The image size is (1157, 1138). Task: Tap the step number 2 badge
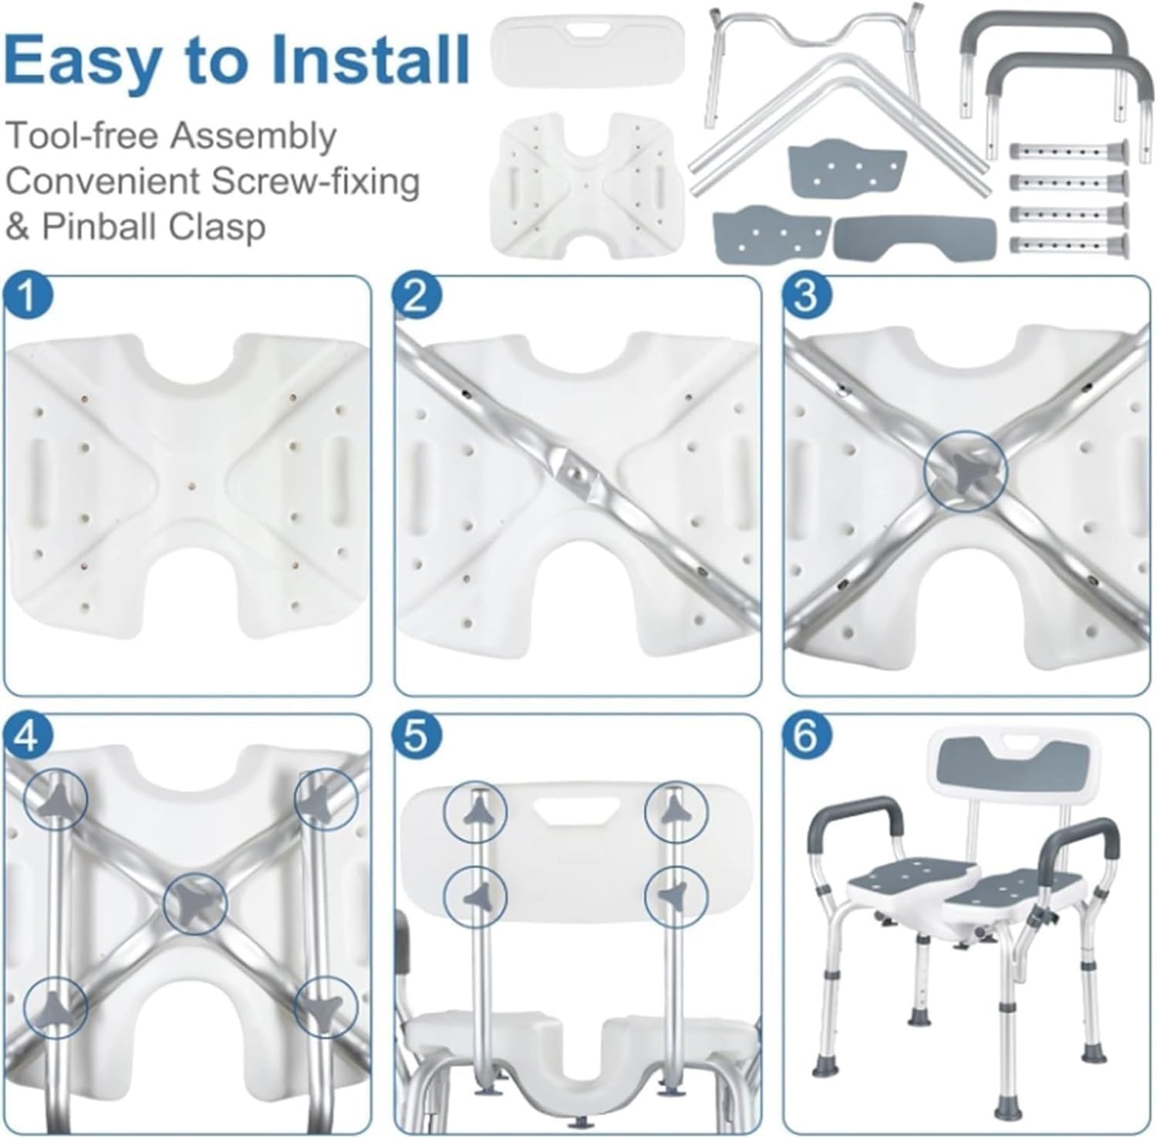click(x=416, y=297)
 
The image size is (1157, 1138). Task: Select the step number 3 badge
click(x=805, y=297)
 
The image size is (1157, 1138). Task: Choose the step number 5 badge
click(x=416, y=737)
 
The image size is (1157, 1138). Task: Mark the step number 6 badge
click(x=805, y=737)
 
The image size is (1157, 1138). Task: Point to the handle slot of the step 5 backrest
click(x=573, y=811)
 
